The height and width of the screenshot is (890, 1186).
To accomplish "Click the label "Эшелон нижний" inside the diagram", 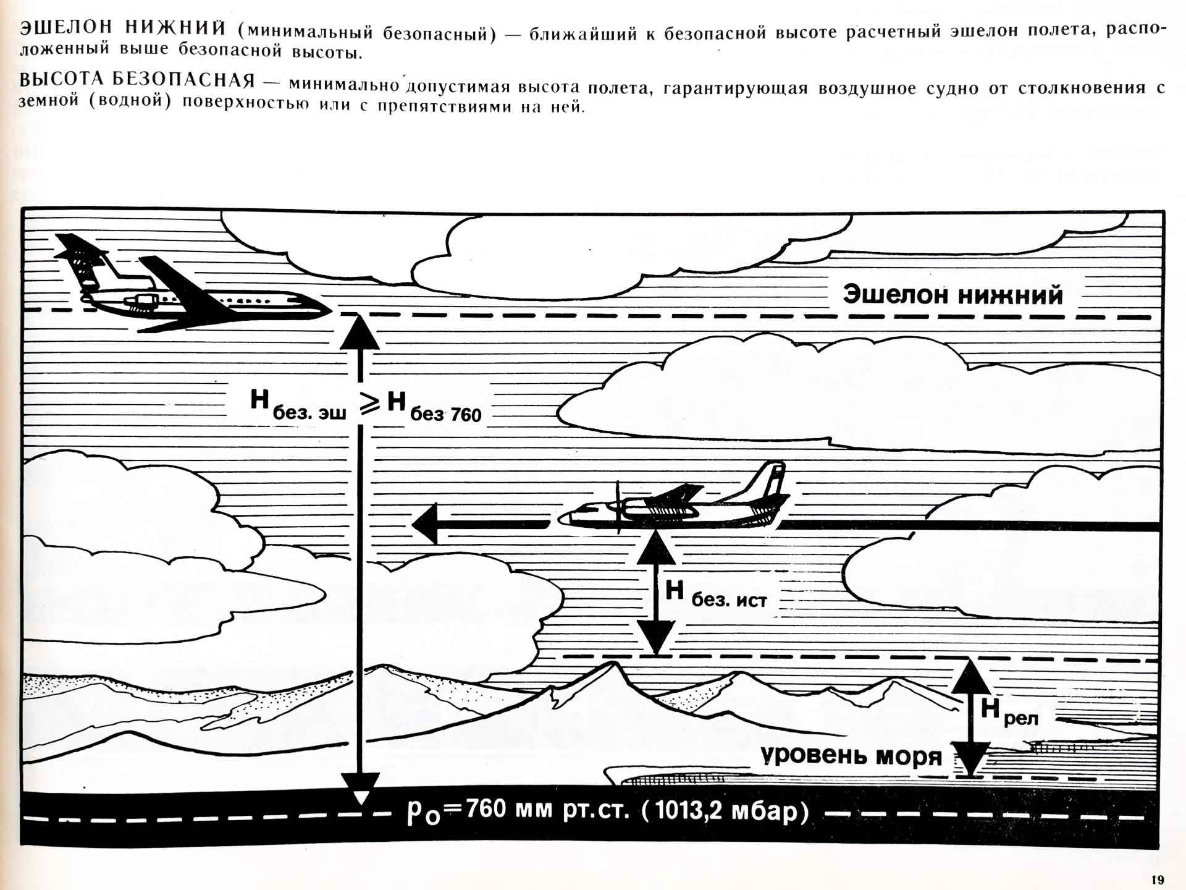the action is [x=953, y=295].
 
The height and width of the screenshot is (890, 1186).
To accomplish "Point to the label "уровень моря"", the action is [x=851, y=755].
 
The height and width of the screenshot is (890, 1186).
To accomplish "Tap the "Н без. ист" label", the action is [x=715, y=593].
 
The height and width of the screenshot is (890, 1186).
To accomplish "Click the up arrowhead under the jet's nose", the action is [x=360, y=332].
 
